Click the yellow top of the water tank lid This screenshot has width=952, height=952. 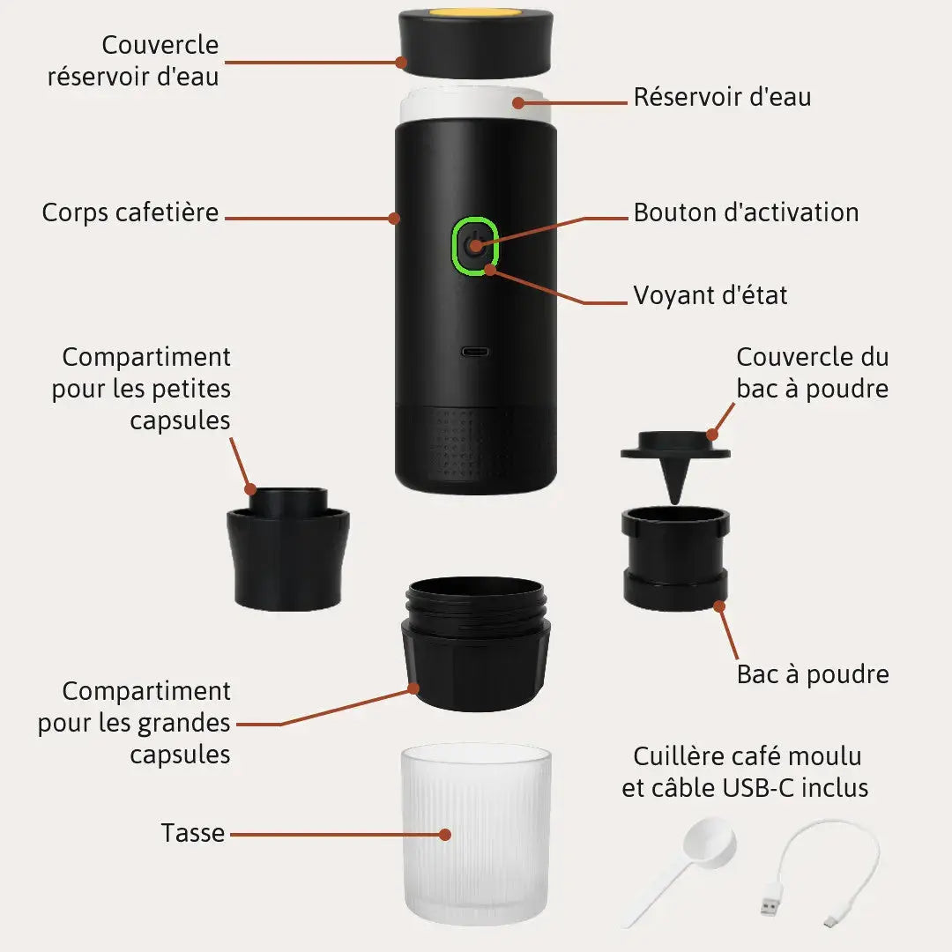[x=476, y=12]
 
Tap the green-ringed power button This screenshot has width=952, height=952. [x=475, y=246]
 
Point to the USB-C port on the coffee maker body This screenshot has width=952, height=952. [x=476, y=352]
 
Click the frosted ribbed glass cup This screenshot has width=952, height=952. [x=476, y=835]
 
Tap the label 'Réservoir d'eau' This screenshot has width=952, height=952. [x=722, y=97]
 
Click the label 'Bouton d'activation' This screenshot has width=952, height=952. [x=747, y=212]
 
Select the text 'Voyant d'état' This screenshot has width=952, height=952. [x=710, y=295]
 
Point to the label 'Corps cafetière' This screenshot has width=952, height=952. [x=130, y=213]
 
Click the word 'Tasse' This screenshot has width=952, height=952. [x=192, y=832]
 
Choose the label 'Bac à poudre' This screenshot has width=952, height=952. [x=813, y=674]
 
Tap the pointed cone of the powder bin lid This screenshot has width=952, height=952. [x=673, y=480]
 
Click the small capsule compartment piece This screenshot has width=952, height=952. [x=287, y=548]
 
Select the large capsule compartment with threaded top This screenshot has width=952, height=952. [x=476, y=643]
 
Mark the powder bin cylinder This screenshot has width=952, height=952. [x=675, y=558]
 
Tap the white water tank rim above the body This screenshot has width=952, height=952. [x=476, y=104]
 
